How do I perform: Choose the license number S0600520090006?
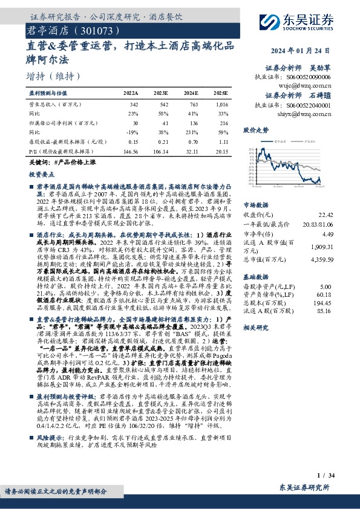(308, 77)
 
